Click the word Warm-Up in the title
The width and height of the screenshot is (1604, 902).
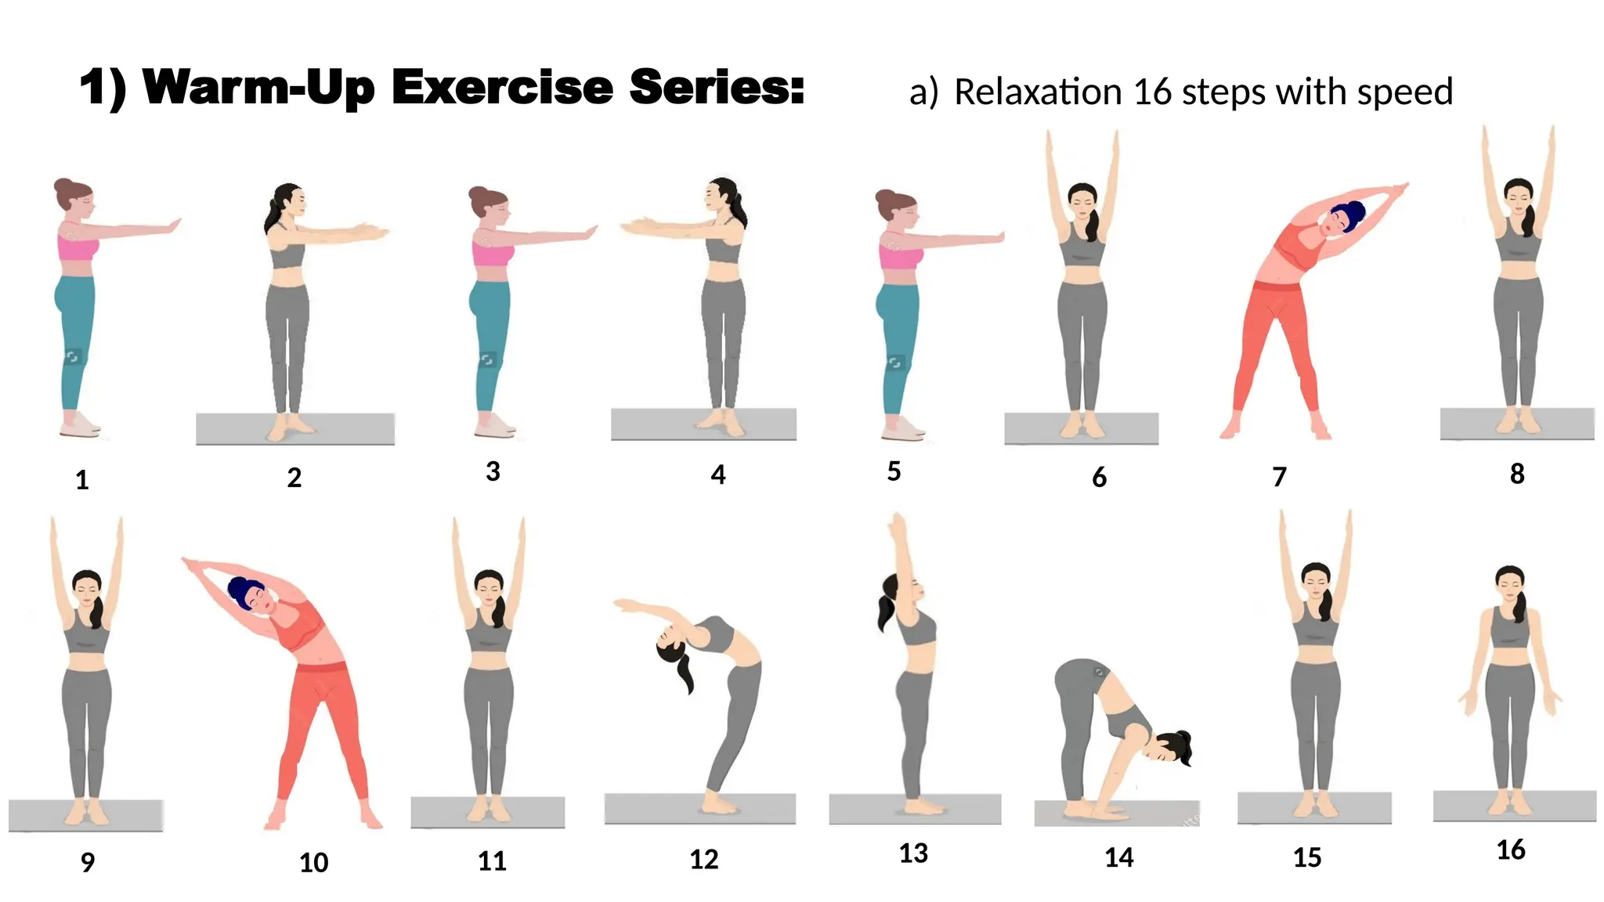pos(265,87)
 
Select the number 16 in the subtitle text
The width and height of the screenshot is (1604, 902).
pos(1151,92)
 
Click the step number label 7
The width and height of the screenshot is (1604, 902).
pos(1279,477)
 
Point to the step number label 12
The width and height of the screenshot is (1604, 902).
pos(703,860)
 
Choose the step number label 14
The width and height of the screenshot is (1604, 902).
pos(1118,858)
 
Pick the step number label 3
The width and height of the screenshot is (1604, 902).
pos(493,471)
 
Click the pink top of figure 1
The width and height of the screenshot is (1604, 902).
pos(78,247)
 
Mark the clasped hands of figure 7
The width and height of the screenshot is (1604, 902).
pos(1396,190)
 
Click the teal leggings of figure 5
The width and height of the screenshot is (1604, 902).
pos(898,345)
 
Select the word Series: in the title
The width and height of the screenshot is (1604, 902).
pos(717,87)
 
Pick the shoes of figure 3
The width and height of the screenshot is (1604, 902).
pos(494,426)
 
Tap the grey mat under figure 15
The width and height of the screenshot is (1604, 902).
pos(1314,807)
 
